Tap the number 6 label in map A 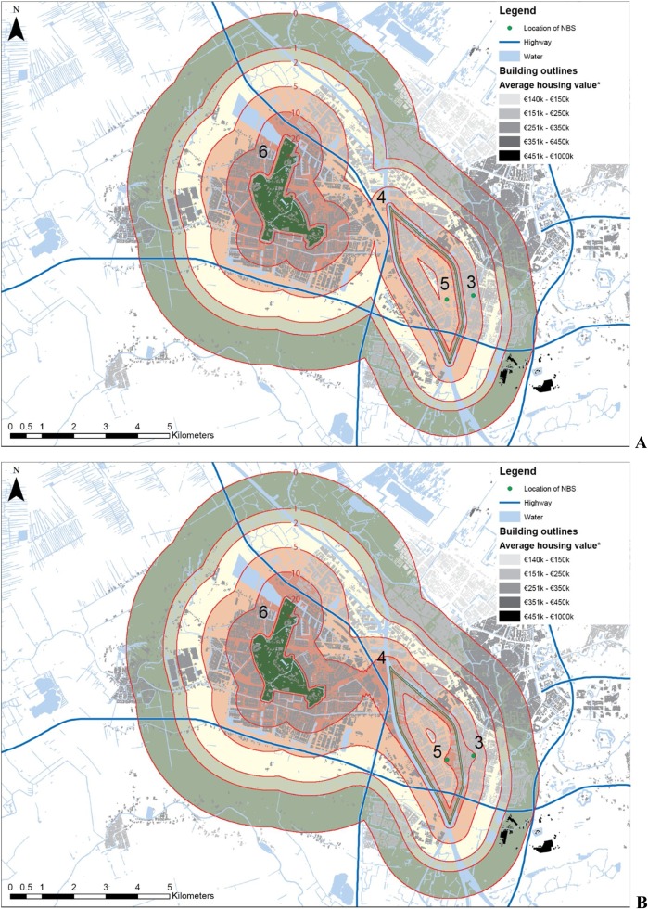(x=262, y=152)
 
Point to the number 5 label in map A (x=444, y=283)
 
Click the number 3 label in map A (x=471, y=281)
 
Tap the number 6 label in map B (x=262, y=611)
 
